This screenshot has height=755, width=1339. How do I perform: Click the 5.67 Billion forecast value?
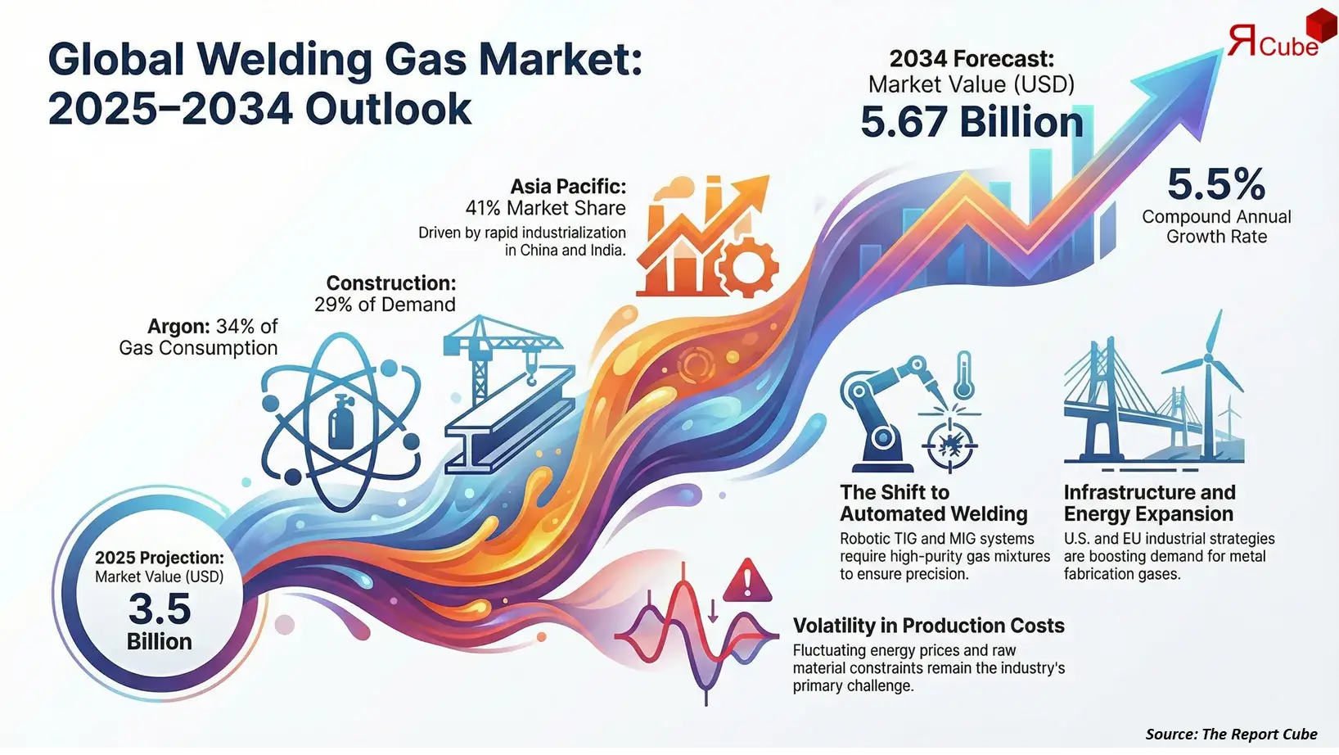click(x=972, y=123)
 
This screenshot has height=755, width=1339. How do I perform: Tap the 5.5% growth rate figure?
click(x=1216, y=184)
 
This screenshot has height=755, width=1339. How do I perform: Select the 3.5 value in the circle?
click(x=160, y=608)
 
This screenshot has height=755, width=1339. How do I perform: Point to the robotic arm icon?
click(x=880, y=409)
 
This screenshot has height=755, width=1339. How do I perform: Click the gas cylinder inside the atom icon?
click(x=340, y=421)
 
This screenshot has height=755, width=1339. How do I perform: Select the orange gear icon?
click(x=746, y=266)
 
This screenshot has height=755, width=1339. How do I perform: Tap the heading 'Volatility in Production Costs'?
click(x=928, y=626)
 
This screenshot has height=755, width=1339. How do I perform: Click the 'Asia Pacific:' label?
click(x=568, y=187)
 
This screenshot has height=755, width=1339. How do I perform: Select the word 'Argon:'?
click(x=178, y=327)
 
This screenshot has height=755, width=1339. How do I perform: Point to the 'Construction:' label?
click(x=391, y=283)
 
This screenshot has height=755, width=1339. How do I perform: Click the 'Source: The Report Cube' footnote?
click(x=1231, y=734)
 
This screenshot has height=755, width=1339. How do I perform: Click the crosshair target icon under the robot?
click(x=949, y=445)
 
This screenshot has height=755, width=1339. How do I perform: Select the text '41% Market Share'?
click(x=545, y=209)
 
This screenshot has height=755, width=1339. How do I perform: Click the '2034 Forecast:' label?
click(x=972, y=59)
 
